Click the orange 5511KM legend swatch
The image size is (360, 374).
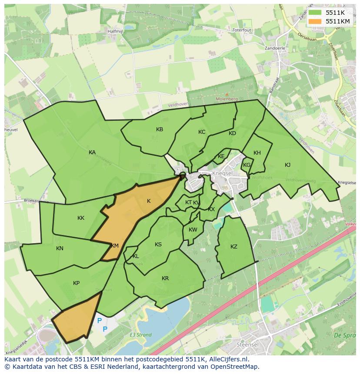pos(316,21)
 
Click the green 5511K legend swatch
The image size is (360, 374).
pos(316,13)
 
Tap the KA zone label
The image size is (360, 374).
pos(92,152)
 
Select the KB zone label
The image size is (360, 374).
pos(160,129)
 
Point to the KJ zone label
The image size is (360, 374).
pos(287,165)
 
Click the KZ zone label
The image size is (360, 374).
pos(234,247)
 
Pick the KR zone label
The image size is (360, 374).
pos(165,278)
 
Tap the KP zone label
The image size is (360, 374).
pos(76,283)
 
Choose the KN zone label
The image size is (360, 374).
pos(60,248)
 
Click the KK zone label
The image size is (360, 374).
pos(81,218)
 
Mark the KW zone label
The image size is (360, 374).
pos(193,230)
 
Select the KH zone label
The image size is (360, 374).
pos(257,153)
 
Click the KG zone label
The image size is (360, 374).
pos(247,165)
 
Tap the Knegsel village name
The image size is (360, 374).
pos(223,173)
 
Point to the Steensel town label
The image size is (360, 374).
pos(248,344)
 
